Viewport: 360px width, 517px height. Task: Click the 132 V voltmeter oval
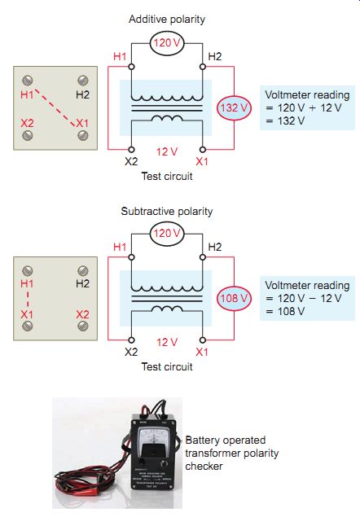click(234, 107)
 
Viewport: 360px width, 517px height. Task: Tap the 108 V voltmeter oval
click(234, 298)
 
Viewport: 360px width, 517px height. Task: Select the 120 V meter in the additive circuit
click(167, 43)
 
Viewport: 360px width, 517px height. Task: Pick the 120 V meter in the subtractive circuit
click(167, 234)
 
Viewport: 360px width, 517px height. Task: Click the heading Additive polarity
click(167, 19)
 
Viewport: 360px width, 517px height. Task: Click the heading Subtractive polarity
click(167, 211)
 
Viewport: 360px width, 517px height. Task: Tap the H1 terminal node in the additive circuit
click(131, 67)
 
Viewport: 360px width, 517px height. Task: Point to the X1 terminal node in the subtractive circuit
click(203, 340)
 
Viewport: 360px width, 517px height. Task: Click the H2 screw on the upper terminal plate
click(82, 80)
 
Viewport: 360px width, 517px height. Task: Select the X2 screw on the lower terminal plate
click(82, 326)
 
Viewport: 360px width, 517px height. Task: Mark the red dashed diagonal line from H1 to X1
click(55, 107)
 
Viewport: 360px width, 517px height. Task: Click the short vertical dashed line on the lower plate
click(28, 299)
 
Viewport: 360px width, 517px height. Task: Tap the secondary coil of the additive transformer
click(167, 118)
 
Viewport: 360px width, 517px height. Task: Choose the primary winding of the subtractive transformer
click(167, 287)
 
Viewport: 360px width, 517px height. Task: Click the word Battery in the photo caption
click(201, 440)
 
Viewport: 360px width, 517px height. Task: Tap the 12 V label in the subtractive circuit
click(167, 342)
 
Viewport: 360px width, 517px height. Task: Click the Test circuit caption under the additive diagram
click(167, 176)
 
